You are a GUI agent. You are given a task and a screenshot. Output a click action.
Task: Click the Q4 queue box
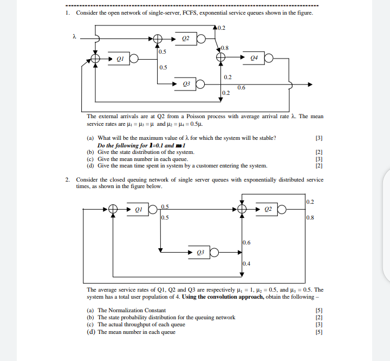pyautogui.click(x=253, y=59)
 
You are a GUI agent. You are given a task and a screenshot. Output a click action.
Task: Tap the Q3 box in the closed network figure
pyautogui.click(x=200, y=252)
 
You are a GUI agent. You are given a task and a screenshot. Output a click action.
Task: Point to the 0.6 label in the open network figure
pyautogui.click(x=241, y=88)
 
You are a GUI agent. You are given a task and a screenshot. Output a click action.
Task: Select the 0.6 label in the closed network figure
pyautogui.click(x=246, y=243)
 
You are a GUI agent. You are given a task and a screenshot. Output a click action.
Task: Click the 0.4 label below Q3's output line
pyautogui.click(x=246, y=263)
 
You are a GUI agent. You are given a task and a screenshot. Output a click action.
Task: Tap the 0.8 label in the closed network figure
pyautogui.click(x=309, y=218)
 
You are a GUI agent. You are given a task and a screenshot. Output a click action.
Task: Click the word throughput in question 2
pyautogui.click(x=149, y=325)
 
